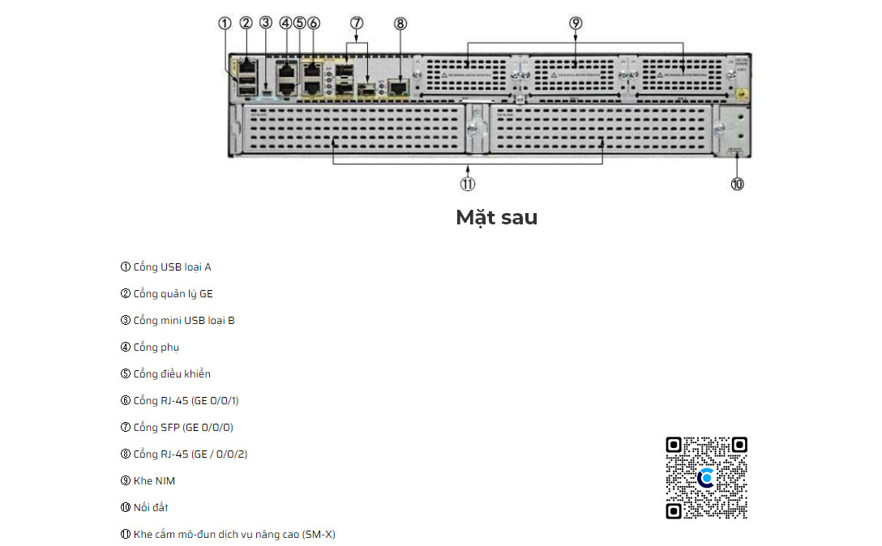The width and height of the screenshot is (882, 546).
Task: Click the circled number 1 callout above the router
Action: [x=225, y=23]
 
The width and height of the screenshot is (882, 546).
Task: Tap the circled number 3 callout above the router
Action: [x=266, y=23]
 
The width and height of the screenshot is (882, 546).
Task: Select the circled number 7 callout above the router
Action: [x=357, y=23]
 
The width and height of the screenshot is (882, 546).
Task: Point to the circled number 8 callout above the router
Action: [x=400, y=23]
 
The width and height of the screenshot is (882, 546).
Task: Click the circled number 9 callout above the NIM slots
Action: [x=576, y=23]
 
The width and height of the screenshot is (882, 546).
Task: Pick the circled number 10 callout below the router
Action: [x=737, y=184]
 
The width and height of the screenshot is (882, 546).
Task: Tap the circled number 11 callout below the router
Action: [x=468, y=184]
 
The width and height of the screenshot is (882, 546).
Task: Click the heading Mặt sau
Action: [x=496, y=217]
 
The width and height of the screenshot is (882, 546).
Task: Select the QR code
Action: [x=706, y=478]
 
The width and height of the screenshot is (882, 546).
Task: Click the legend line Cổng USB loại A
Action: [x=166, y=267]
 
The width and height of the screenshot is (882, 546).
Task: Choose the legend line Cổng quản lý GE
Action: [x=167, y=293]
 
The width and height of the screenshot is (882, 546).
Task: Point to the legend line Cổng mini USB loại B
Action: [x=178, y=320]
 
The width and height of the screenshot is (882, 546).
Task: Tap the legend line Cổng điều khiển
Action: [x=165, y=373]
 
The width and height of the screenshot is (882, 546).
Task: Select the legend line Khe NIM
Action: [x=148, y=480]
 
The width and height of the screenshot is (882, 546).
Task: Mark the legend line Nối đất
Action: [x=144, y=507]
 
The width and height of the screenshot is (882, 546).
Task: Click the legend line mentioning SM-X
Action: [x=228, y=534]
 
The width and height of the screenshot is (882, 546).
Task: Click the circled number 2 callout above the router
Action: [x=246, y=23]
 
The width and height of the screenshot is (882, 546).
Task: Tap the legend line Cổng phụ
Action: [x=150, y=347]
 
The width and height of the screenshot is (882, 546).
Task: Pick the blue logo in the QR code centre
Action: [x=706, y=478]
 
